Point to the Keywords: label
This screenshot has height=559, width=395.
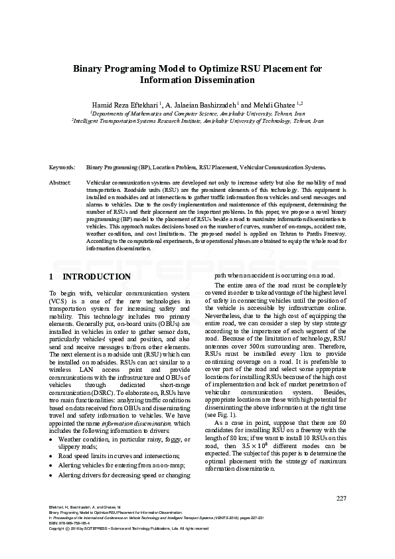[62, 168]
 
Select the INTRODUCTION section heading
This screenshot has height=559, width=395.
[96, 276]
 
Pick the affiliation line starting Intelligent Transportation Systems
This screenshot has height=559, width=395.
[197, 121]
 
